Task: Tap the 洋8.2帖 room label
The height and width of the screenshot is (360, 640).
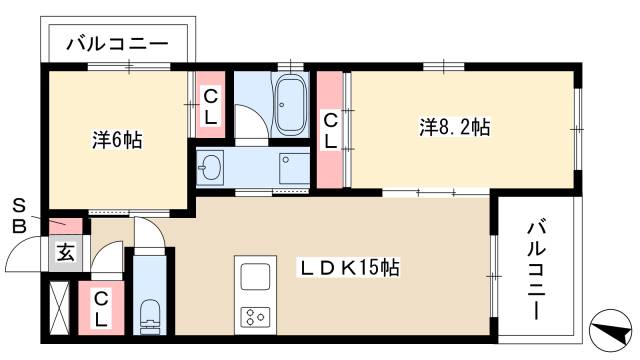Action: pos(454,127)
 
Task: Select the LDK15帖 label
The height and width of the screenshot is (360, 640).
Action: pos(350,268)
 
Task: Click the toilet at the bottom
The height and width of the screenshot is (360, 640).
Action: pos(149,312)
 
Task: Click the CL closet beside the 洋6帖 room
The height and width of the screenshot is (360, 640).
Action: pos(211,105)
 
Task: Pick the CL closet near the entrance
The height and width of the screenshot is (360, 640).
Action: pos(101,309)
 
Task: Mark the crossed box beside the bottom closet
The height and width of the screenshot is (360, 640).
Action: pos(59,309)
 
